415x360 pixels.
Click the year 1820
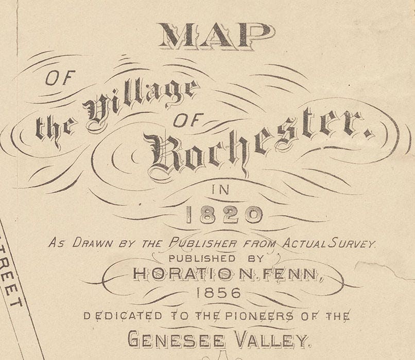pyautogui.click(x=222, y=214)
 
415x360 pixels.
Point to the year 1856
pyautogui.click(x=219, y=293)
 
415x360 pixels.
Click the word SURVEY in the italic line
pyautogui.click(x=355, y=243)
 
